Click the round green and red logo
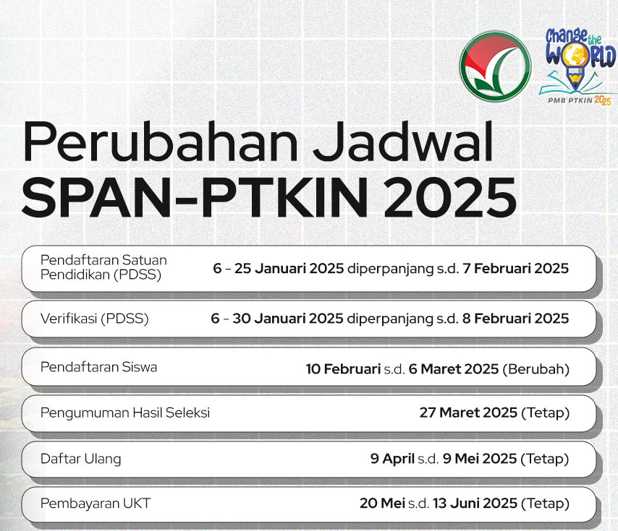(495, 66)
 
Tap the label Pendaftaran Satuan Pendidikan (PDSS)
(103, 267)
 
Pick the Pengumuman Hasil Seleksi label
(125, 413)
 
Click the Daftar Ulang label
(81, 459)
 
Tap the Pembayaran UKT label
(96, 504)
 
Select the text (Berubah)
(536, 369)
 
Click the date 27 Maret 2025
(468, 413)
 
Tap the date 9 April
(392, 459)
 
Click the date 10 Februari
(343, 369)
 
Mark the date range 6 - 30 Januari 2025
(277, 319)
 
